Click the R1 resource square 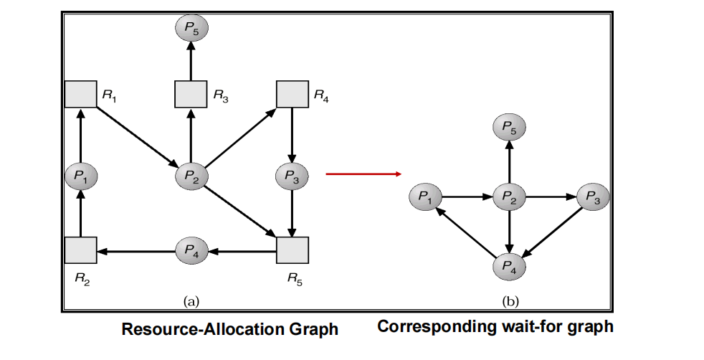tap(80, 94)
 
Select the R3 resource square tap(190, 94)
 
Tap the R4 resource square tap(292, 94)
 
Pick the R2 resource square tap(80, 250)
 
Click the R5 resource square tap(292, 250)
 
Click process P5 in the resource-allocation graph tap(190, 29)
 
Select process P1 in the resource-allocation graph tap(80, 175)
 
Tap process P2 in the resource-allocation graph tap(190, 175)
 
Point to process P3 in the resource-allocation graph tap(292, 175)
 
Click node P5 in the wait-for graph tap(509, 128)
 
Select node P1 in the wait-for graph tap(425, 195)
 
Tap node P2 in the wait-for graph tap(509, 195)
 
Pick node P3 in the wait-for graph tap(593, 195)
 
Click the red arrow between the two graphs tap(363, 174)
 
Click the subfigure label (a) tap(191, 301)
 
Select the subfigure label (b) tap(509, 301)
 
